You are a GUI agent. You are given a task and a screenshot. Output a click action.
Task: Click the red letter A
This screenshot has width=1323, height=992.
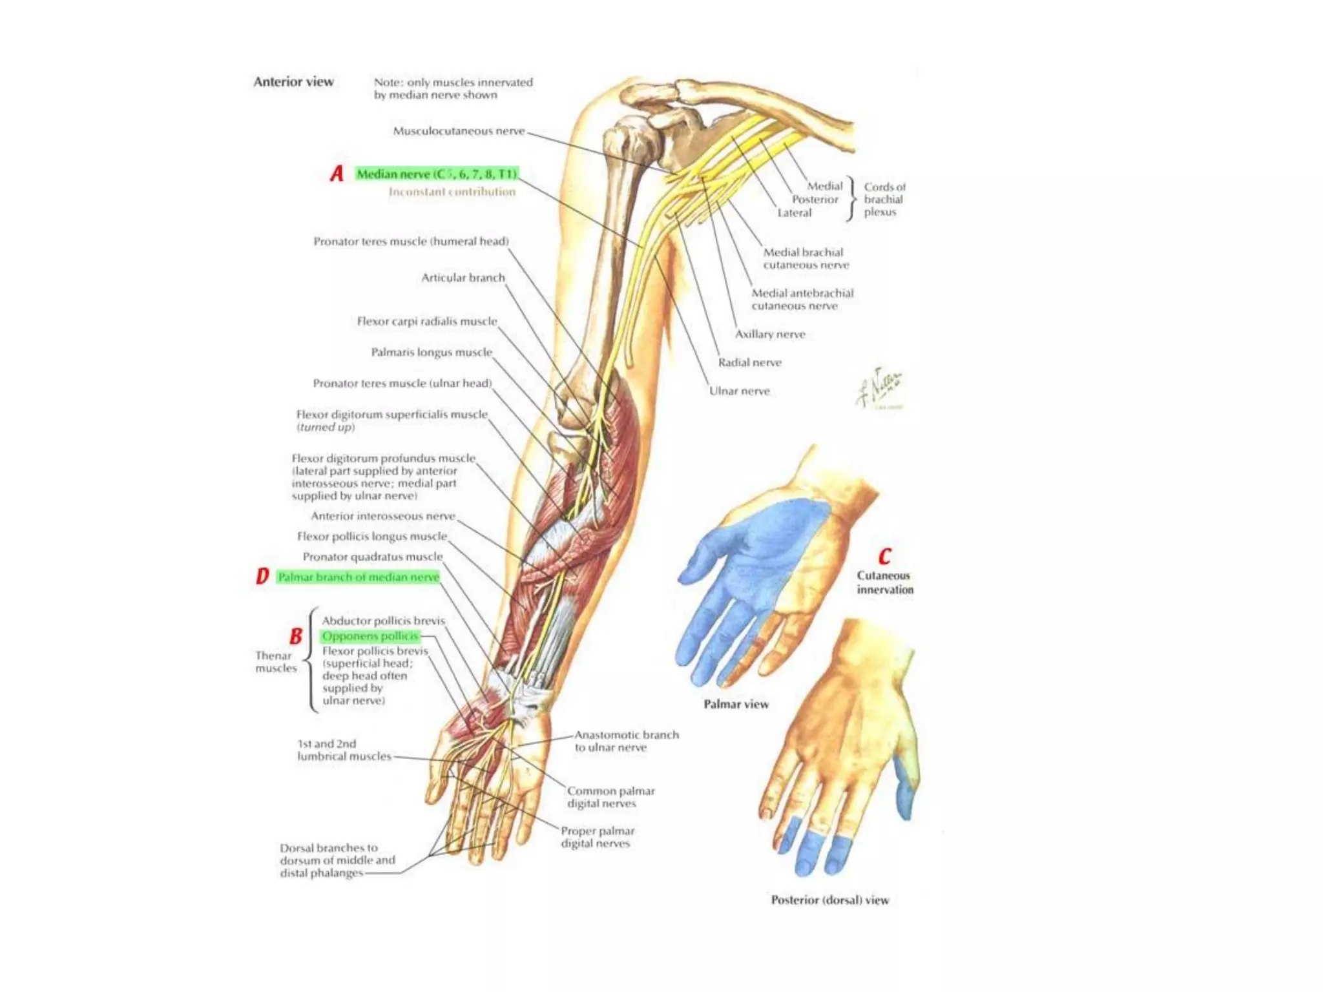[337, 174]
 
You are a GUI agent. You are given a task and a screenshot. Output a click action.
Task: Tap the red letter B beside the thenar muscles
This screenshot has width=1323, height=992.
[296, 636]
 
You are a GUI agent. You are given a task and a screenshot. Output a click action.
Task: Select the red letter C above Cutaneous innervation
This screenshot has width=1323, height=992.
[884, 556]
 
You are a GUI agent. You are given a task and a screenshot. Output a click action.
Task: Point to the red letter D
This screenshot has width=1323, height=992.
[262, 576]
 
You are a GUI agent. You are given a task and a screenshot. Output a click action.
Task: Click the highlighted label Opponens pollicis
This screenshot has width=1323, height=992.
[370, 636]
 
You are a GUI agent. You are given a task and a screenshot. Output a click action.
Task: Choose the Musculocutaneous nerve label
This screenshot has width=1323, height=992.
[459, 131]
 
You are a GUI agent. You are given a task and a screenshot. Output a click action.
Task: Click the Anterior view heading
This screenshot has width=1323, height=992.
[293, 82]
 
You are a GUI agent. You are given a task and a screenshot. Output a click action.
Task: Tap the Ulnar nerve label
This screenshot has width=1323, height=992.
[739, 391]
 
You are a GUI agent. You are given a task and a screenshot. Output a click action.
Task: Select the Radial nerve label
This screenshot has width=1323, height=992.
[749, 362]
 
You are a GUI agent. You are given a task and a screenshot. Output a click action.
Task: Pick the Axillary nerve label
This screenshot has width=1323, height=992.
[769, 334]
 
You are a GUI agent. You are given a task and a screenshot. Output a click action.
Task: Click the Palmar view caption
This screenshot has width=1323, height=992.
[736, 704]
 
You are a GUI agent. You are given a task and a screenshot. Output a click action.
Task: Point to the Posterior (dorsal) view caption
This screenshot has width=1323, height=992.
[829, 900]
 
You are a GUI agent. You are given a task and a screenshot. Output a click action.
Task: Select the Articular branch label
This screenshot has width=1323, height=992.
[463, 278]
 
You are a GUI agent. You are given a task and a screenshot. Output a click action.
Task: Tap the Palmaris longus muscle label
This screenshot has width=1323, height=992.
[431, 352]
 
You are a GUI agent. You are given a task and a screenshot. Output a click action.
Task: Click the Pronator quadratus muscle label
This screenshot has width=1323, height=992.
[372, 557]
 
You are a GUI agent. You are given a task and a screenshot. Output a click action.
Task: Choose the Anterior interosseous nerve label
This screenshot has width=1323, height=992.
[382, 516]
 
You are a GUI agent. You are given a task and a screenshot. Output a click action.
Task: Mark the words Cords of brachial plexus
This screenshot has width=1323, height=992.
[884, 200]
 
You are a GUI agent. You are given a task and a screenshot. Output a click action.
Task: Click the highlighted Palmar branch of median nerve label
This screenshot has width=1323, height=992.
[359, 577]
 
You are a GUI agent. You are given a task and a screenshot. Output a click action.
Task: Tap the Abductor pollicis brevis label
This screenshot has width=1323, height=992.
[383, 621]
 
